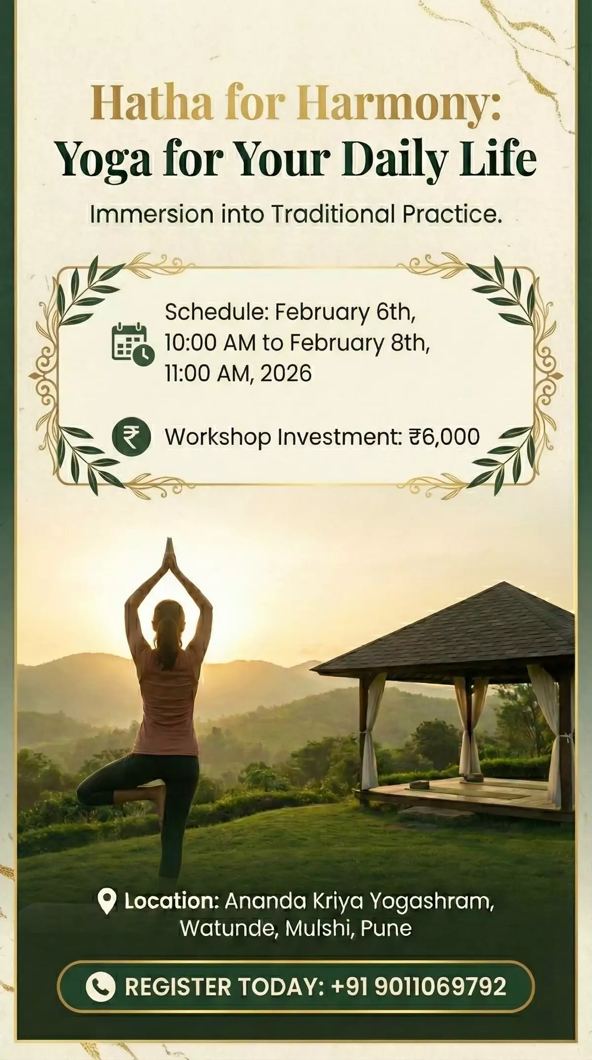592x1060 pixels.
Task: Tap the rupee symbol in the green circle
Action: coord(131,436)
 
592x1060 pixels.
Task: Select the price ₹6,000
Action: coord(444,437)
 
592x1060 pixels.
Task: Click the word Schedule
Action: coord(218,312)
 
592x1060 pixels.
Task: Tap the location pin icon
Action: coord(108,901)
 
